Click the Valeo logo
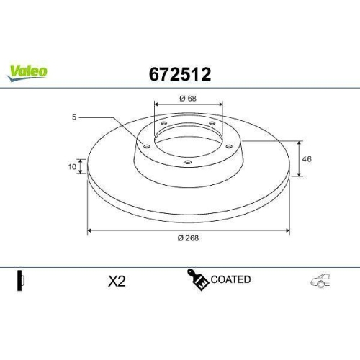tap(28, 71)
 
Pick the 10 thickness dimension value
tap(72, 166)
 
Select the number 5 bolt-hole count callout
tap(75, 117)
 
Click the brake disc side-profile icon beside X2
tap(21, 280)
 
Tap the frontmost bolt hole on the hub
tap(188, 162)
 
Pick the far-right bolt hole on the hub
tap(229, 146)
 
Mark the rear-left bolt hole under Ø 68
tap(163, 126)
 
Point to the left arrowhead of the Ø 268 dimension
tap(89, 231)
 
